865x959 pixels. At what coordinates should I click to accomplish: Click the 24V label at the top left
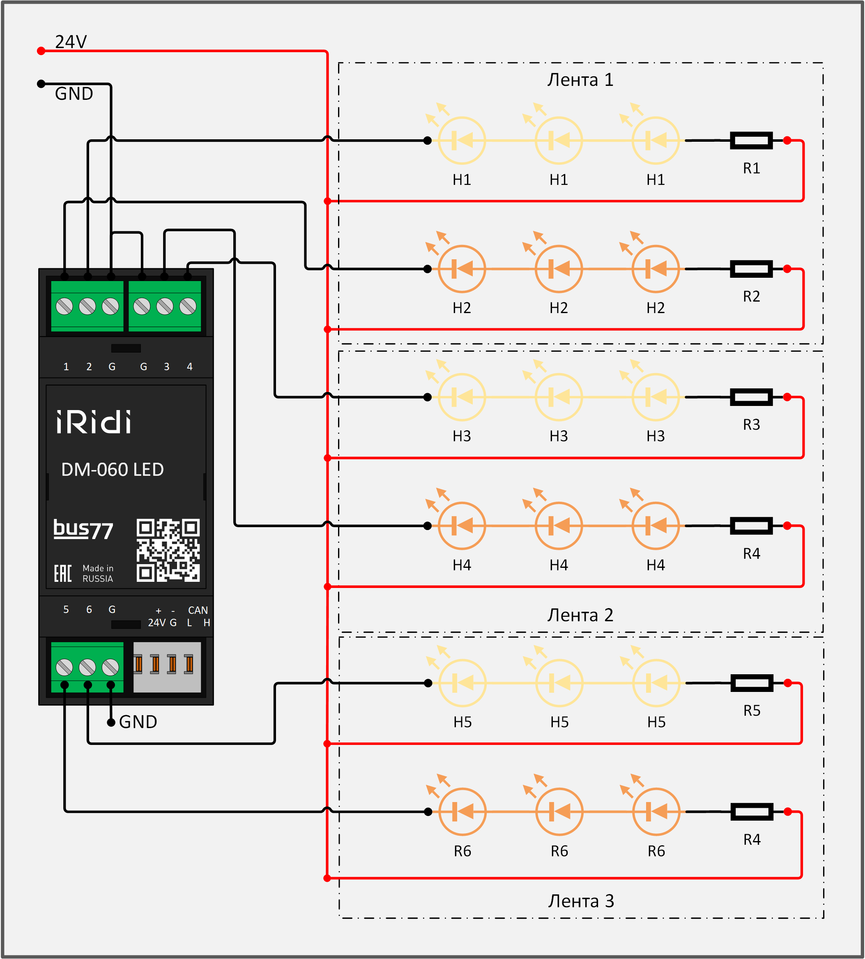(x=71, y=42)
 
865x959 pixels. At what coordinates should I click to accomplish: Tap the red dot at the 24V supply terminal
(x=41, y=51)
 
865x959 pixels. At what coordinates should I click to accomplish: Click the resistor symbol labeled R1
(x=751, y=141)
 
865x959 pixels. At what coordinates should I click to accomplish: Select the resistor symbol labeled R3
(x=751, y=397)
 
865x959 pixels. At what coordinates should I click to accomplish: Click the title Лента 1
(x=580, y=80)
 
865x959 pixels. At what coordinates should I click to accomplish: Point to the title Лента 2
(x=580, y=615)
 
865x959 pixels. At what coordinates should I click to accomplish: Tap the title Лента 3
(x=581, y=901)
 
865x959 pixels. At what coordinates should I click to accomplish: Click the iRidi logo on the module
(x=94, y=422)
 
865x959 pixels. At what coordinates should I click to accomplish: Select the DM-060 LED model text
(x=113, y=470)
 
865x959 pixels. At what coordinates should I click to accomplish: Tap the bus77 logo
(x=83, y=530)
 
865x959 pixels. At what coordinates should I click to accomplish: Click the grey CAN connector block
(x=167, y=667)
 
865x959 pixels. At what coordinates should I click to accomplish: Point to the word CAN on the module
(x=198, y=610)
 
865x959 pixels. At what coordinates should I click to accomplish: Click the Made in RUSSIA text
(x=98, y=574)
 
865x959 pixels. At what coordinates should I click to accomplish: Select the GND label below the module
(x=138, y=722)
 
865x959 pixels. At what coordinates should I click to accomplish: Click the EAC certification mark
(x=63, y=574)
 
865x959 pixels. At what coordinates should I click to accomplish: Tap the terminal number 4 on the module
(x=190, y=367)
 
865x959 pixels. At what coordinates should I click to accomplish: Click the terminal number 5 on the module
(x=66, y=609)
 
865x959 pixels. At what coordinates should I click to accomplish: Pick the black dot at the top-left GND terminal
(x=41, y=84)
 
